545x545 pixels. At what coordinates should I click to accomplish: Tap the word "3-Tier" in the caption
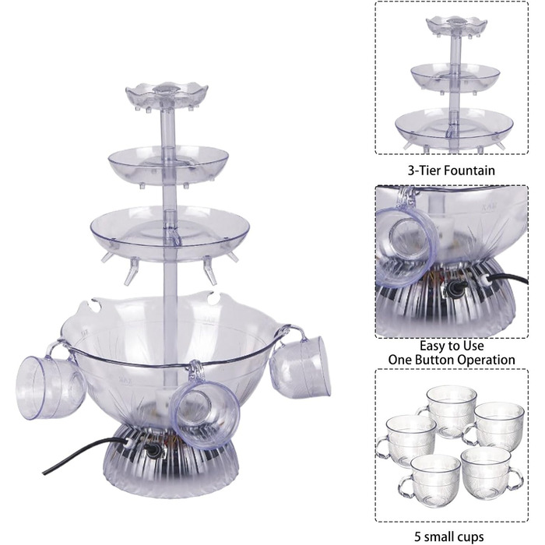tap(424, 171)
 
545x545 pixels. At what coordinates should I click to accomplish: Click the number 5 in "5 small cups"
tap(419, 536)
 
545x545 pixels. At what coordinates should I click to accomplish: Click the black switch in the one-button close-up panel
tap(452, 288)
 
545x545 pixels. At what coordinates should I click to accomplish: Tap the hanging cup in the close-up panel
tap(407, 243)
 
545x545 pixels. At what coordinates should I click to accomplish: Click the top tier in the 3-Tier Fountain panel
tap(452, 25)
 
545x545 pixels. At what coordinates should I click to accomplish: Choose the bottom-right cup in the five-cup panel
tap(490, 473)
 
